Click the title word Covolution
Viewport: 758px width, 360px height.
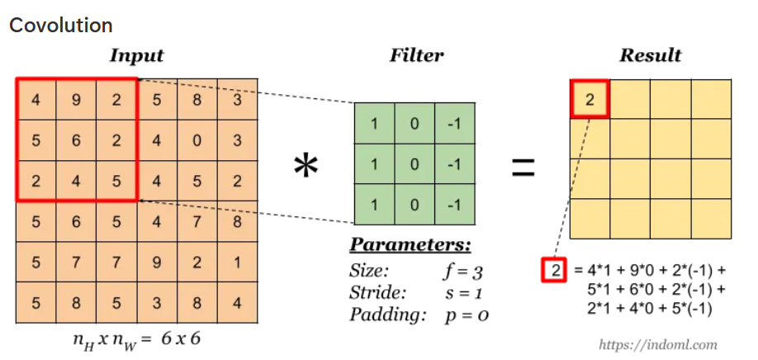(x=60, y=26)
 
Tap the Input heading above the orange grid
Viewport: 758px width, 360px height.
(x=136, y=56)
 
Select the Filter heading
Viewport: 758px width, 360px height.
(x=416, y=56)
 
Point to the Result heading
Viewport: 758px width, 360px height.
(x=651, y=56)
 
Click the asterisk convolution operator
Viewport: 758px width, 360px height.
(x=306, y=168)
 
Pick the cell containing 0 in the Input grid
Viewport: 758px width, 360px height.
(x=197, y=140)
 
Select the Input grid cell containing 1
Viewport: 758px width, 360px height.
(x=237, y=263)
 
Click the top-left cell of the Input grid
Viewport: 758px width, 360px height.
(x=36, y=100)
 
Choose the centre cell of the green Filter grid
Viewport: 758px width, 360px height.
(x=415, y=163)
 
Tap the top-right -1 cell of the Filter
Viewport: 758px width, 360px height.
(x=454, y=124)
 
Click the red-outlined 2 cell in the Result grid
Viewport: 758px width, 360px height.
(x=590, y=100)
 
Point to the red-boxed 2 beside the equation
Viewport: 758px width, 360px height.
(x=552, y=270)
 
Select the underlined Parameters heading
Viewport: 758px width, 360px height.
(x=410, y=246)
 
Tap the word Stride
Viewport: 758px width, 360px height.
(x=377, y=292)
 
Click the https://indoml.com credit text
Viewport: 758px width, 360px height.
(x=657, y=344)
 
